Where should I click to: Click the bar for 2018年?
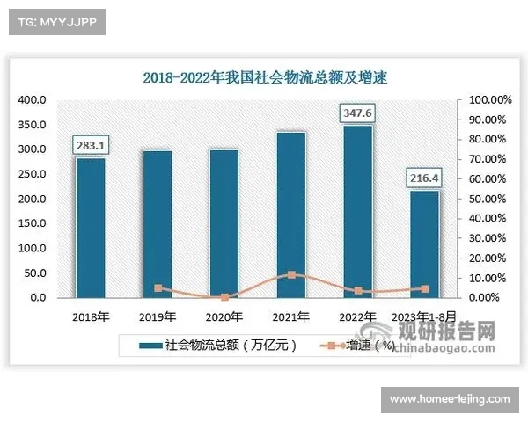tap(91, 227)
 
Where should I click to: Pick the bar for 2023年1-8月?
tap(424, 244)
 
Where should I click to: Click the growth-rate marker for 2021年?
tap(290, 274)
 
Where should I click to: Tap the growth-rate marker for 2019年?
tap(158, 287)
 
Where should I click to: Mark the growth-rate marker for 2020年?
tap(224, 297)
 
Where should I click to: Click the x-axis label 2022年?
tap(357, 316)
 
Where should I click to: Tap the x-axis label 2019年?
tap(158, 316)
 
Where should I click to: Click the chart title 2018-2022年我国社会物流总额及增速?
tap(265, 77)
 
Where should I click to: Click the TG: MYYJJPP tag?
tap(56, 21)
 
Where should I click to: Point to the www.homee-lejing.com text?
tap(449, 399)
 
